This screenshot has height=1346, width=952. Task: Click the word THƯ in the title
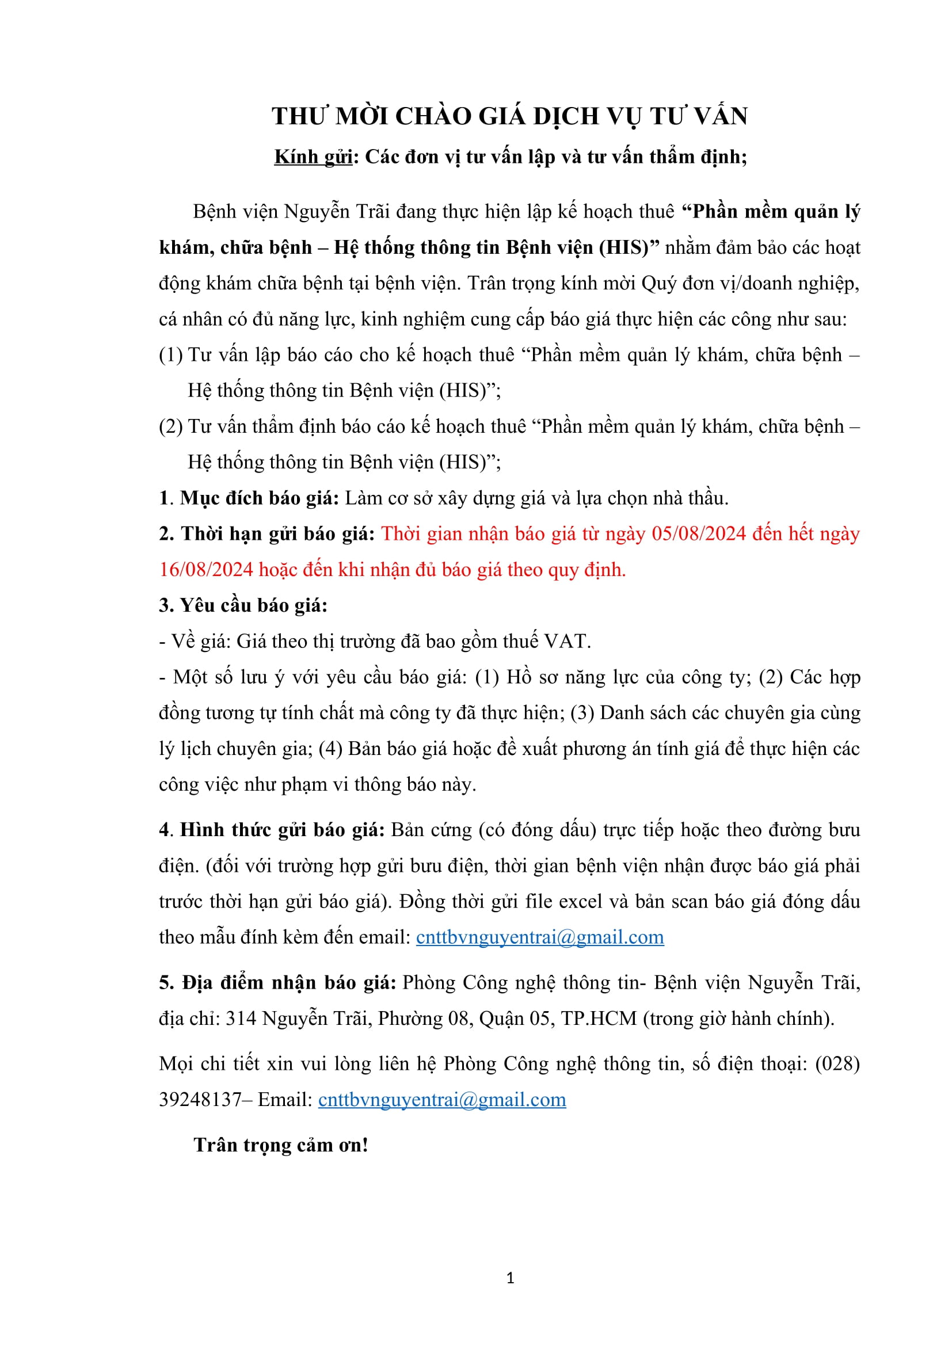point(298,116)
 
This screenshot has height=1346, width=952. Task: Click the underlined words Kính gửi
point(313,157)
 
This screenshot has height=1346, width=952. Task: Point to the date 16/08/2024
point(205,569)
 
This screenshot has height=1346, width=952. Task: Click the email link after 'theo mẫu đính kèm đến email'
point(540,937)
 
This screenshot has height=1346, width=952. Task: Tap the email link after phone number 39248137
point(442,1099)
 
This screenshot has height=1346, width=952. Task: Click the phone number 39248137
point(200,1099)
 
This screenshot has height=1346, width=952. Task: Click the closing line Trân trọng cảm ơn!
point(281,1145)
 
